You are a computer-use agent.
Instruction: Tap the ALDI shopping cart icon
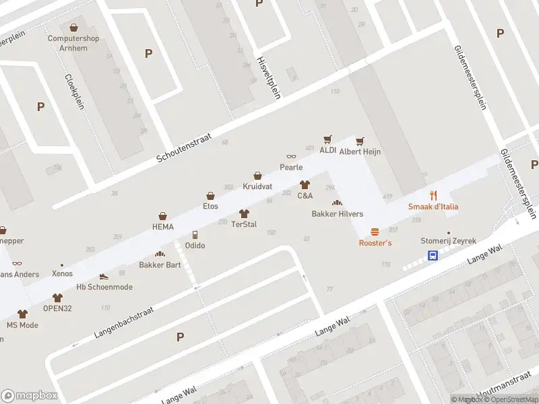[328, 139]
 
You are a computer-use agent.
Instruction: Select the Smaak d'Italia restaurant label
[433, 206]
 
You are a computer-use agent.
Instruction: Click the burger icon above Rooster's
[375, 231]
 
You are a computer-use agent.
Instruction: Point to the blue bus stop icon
[433, 255]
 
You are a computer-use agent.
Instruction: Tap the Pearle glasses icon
[291, 156]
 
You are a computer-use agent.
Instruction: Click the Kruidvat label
[257, 185]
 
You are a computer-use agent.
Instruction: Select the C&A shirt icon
[305, 184]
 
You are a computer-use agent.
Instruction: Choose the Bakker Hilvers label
[337, 214]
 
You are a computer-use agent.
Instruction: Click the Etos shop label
[211, 206]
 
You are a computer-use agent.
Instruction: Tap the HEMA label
[162, 227]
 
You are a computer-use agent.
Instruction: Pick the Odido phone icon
[195, 235]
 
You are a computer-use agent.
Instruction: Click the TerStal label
[244, 224]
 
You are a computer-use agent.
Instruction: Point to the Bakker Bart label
[160, 265]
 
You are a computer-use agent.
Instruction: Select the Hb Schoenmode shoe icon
[104, 276]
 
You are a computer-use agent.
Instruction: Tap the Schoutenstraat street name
[184, 147]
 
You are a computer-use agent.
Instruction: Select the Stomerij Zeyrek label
[448, 240]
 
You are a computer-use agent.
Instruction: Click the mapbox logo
[30, 396]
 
